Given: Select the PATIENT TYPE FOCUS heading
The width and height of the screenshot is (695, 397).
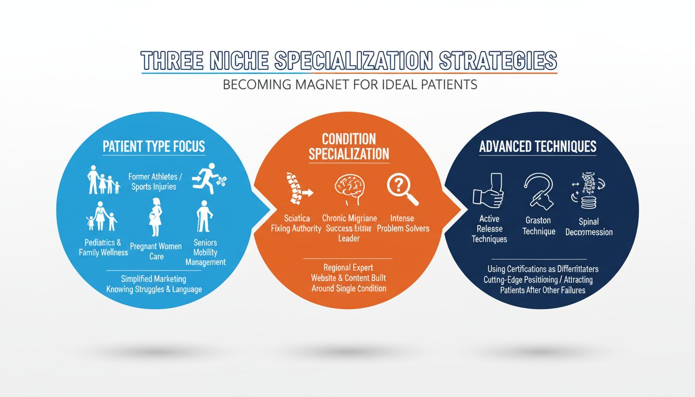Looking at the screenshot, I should point(154,146).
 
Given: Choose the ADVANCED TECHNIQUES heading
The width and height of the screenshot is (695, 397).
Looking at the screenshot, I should point(538,146).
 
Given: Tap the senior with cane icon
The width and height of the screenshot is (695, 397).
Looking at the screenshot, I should point(205,217).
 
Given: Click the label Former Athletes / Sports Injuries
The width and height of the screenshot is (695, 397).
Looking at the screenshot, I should point(153,182).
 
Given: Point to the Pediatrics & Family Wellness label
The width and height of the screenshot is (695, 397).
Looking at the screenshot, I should point(103,247).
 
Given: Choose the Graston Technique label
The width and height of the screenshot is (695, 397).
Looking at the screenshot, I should point(539,225).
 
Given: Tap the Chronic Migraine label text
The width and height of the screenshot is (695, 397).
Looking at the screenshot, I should point(350,218).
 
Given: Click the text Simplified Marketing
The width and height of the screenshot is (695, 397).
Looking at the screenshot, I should point(153,279).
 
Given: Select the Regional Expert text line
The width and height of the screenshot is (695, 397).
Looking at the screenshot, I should point(348,267).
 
